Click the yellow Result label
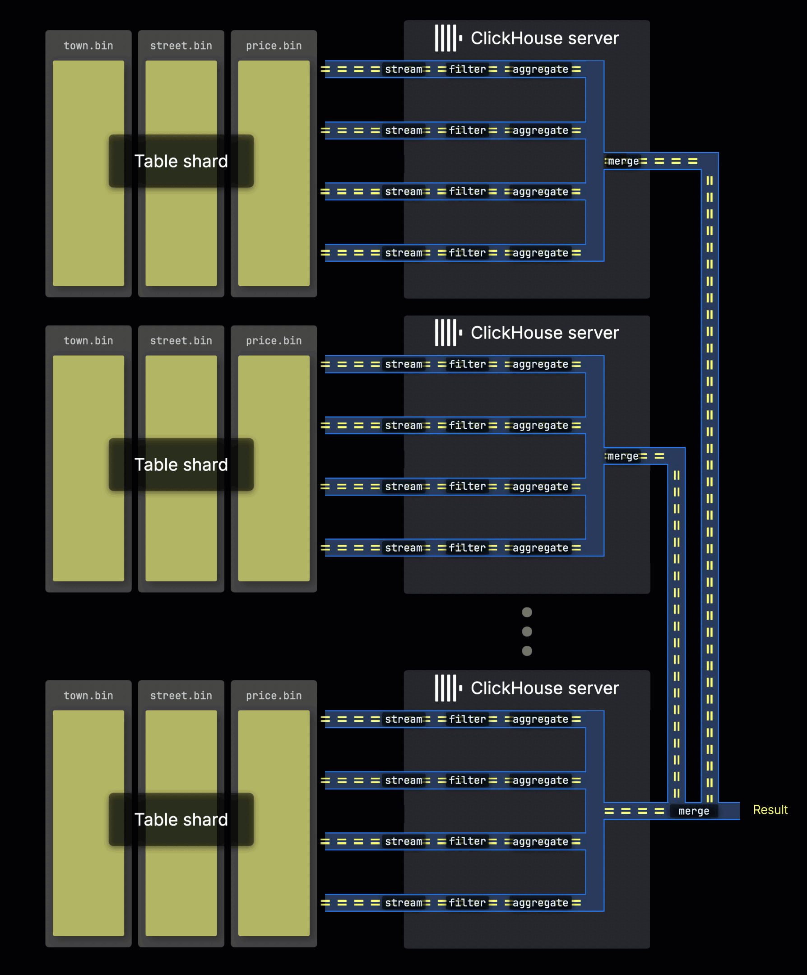pyautogui.click(x=770, y=810)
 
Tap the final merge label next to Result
pyautogui.click(x=693, y=811)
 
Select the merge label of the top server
pyautogui.click(x=623, y=161)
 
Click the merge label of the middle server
pyautogui.click(x=623, y=456)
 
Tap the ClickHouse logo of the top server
pyautogui.click(x=448, y=38)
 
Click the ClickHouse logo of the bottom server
pyautogui.click(x=448, y=687)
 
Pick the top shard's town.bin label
pyautogui.click(x=88, y=46)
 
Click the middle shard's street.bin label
pyautogui.click(x=181, y=340)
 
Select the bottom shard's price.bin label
pyautogui.click(x=274, y=695)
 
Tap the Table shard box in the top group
pyautogui.click(x=181, y=161)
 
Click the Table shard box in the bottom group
pyautogui.click(x=181, y=819)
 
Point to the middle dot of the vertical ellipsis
pyautogui.click(x=527, y=631)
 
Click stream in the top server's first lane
pyautogui.click(x=403, y=69)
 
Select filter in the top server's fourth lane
pyautogui.click(x=467, y=253)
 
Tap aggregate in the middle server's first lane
pyautogui.click(x=540, y=364)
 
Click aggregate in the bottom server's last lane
pyautogui.click(x=540, y=903)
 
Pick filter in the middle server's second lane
pyautogui.click(x=467, y=425)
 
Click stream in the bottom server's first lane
pyautogui.click(x=403, y=719)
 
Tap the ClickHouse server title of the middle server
pyautogui.click(x=544, y=333)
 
